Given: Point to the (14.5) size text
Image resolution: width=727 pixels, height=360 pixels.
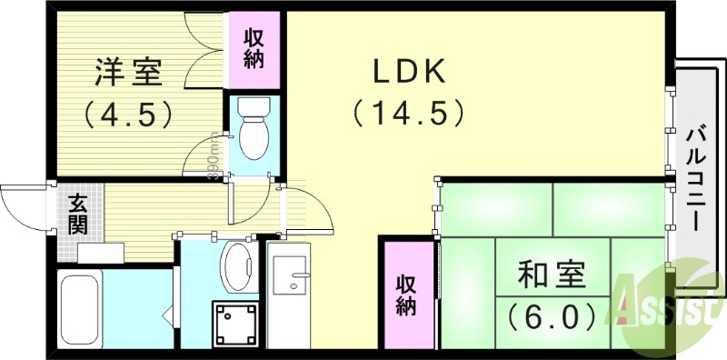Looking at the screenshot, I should [x=409, y=114].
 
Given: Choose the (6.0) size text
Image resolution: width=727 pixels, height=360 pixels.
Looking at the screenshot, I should [x=552, y=315].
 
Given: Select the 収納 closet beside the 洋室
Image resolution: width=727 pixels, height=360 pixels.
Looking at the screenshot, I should [x=254, y=46].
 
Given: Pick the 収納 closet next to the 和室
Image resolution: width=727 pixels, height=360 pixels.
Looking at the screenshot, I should [x=405, y=295].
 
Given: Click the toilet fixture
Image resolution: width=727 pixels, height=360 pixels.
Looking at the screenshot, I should [x=252, y=131].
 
